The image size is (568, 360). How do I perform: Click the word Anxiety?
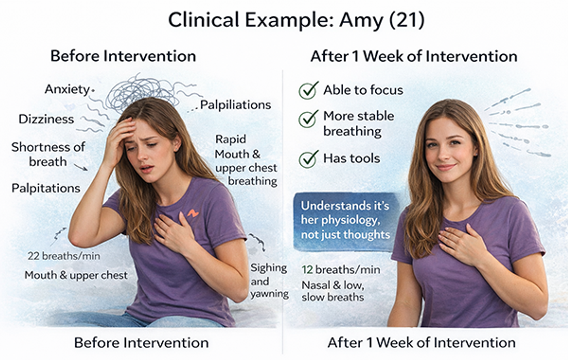point(67,89)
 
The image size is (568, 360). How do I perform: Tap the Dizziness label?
point(46,119)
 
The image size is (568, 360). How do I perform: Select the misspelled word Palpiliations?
point(235,105)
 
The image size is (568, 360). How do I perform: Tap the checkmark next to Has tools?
point(308,159)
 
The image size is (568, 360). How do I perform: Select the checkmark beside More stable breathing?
point(308,118)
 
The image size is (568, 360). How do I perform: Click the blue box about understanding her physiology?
point(345,220)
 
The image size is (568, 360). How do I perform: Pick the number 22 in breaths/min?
point(33,256)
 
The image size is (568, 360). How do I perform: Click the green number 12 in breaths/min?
point(307,270)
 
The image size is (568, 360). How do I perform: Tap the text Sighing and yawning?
point(269,281)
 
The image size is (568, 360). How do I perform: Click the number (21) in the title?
point(406,20)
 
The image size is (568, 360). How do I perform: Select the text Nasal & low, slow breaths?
point(333,291)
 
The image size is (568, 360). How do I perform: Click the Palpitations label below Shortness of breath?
point(46,188)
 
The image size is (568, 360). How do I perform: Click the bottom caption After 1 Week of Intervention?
point(421,343)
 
